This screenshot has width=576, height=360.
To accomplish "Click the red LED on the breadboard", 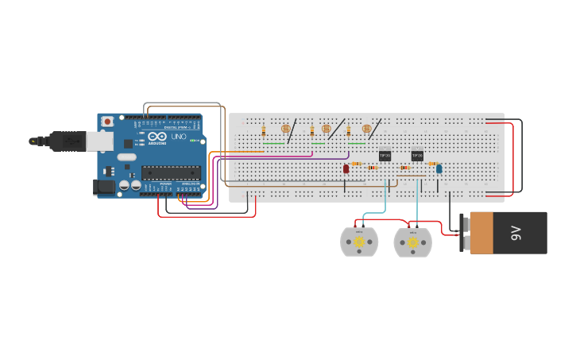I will [346, 168].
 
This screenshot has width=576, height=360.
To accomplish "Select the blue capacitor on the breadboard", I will [439, 168].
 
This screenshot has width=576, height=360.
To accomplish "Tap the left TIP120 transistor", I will [385, 155].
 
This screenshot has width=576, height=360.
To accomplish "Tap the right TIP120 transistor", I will [417, 155].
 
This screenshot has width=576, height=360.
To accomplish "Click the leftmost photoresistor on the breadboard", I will [285, 128].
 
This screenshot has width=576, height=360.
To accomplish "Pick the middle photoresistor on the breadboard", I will [326, 128].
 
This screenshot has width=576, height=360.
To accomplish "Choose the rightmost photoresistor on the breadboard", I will [366, 128].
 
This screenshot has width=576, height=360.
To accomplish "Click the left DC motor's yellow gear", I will [359, 242].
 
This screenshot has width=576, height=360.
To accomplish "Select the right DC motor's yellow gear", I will [412, 242].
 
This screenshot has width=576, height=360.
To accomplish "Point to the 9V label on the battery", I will [516, 232].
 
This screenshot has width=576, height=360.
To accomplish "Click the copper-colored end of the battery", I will [481, 232].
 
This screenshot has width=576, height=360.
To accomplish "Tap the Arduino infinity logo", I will [155, 137].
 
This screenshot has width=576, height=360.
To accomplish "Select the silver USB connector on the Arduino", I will [99, 141].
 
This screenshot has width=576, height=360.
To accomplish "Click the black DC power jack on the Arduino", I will [104, 188].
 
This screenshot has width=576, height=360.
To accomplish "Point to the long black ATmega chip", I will [170, 172].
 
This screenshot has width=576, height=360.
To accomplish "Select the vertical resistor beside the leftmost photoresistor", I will [264, 131].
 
